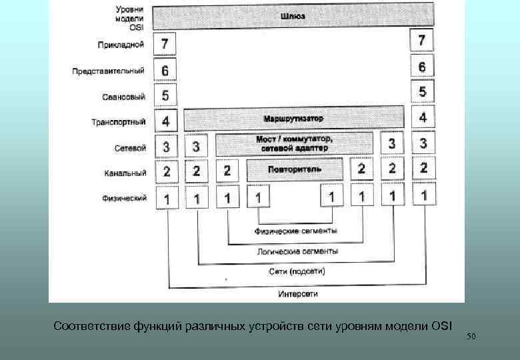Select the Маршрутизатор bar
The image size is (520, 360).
[x=293, y=119]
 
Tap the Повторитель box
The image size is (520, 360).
[x=294, y=169]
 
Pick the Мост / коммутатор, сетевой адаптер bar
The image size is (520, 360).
[x=294, y=143]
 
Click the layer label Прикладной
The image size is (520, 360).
[x=121, y=45]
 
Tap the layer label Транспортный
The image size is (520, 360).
[x=118, y=123]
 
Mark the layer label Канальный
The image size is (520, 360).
[x=125, y=173]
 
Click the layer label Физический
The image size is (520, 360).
[x=123, y=198]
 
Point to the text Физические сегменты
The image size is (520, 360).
[x=295, y=231]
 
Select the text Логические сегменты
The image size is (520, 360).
[x=297, y=251]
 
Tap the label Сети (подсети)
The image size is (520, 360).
[x=297, y=272]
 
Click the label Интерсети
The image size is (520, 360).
[x=297, y=293]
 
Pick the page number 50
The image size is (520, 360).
[x=471, y=337]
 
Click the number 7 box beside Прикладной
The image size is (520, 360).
[x=165, y=45]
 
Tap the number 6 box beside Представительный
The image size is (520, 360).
[x=165, y=70]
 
